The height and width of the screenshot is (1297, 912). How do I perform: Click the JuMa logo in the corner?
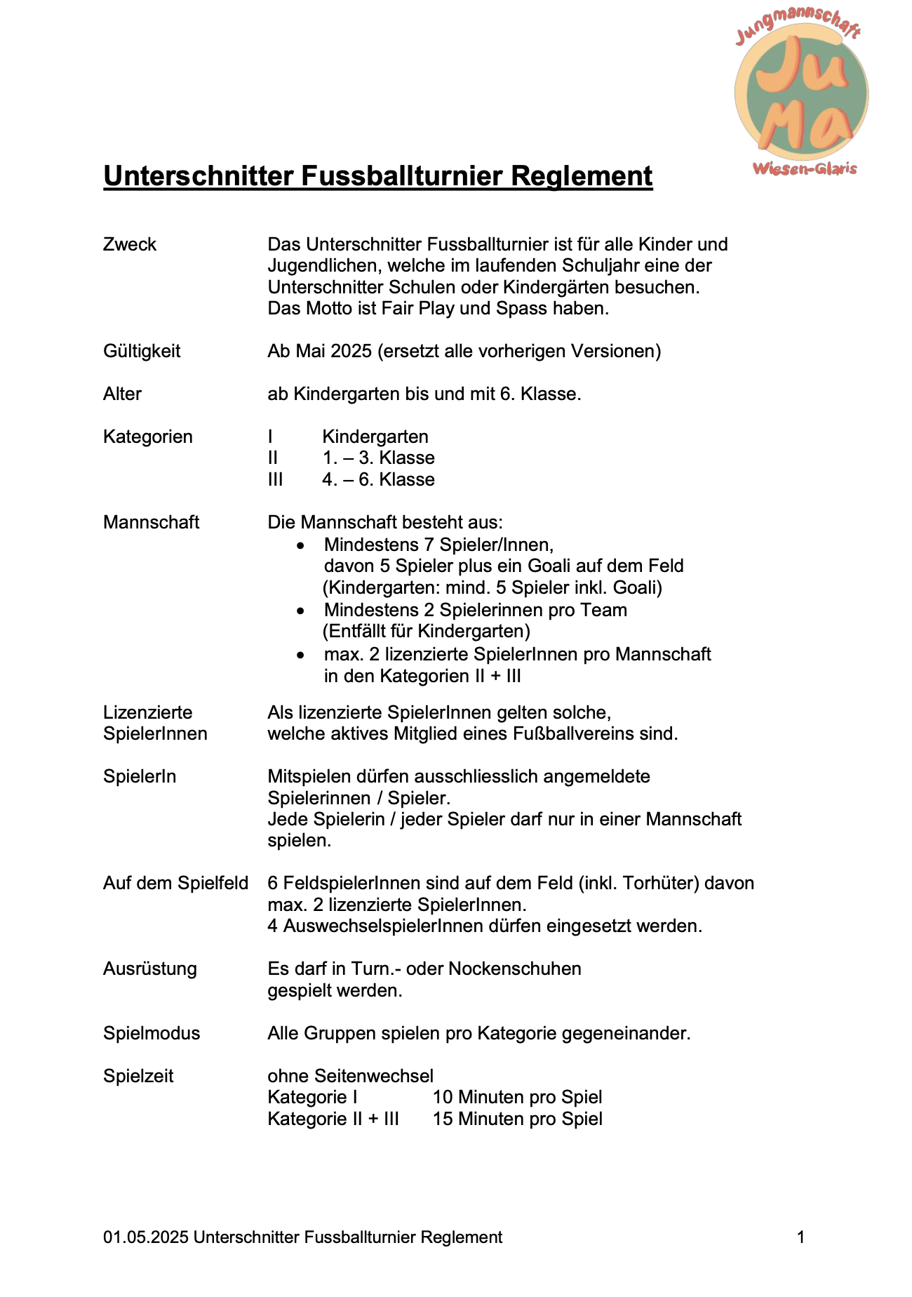point(800,95)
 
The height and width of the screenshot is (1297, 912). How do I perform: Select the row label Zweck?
point(130,244)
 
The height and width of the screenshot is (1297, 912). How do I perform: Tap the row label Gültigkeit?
point(142,351)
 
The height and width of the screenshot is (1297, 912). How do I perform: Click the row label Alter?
point(122,394)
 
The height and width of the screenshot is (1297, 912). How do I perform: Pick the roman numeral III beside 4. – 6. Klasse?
point(276,479)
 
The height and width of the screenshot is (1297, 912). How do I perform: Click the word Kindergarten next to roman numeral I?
point(375,437)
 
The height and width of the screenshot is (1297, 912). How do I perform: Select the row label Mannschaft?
point(151,522)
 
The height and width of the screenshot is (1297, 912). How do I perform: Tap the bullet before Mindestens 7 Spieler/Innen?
point(300,545)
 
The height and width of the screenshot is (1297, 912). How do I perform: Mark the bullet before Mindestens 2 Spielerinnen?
point(300,611)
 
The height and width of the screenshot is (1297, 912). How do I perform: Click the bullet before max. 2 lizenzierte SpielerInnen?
point(300,655)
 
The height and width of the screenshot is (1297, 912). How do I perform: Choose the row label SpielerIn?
point(140,776)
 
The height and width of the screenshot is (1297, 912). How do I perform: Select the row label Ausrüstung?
point(150,969)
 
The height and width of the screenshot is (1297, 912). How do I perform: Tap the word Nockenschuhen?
point(515,969)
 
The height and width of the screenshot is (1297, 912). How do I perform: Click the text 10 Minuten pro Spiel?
point(517,1097)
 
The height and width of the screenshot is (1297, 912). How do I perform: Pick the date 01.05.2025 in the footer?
point(146,1237)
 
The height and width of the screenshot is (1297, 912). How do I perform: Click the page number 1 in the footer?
point(801,1237)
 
